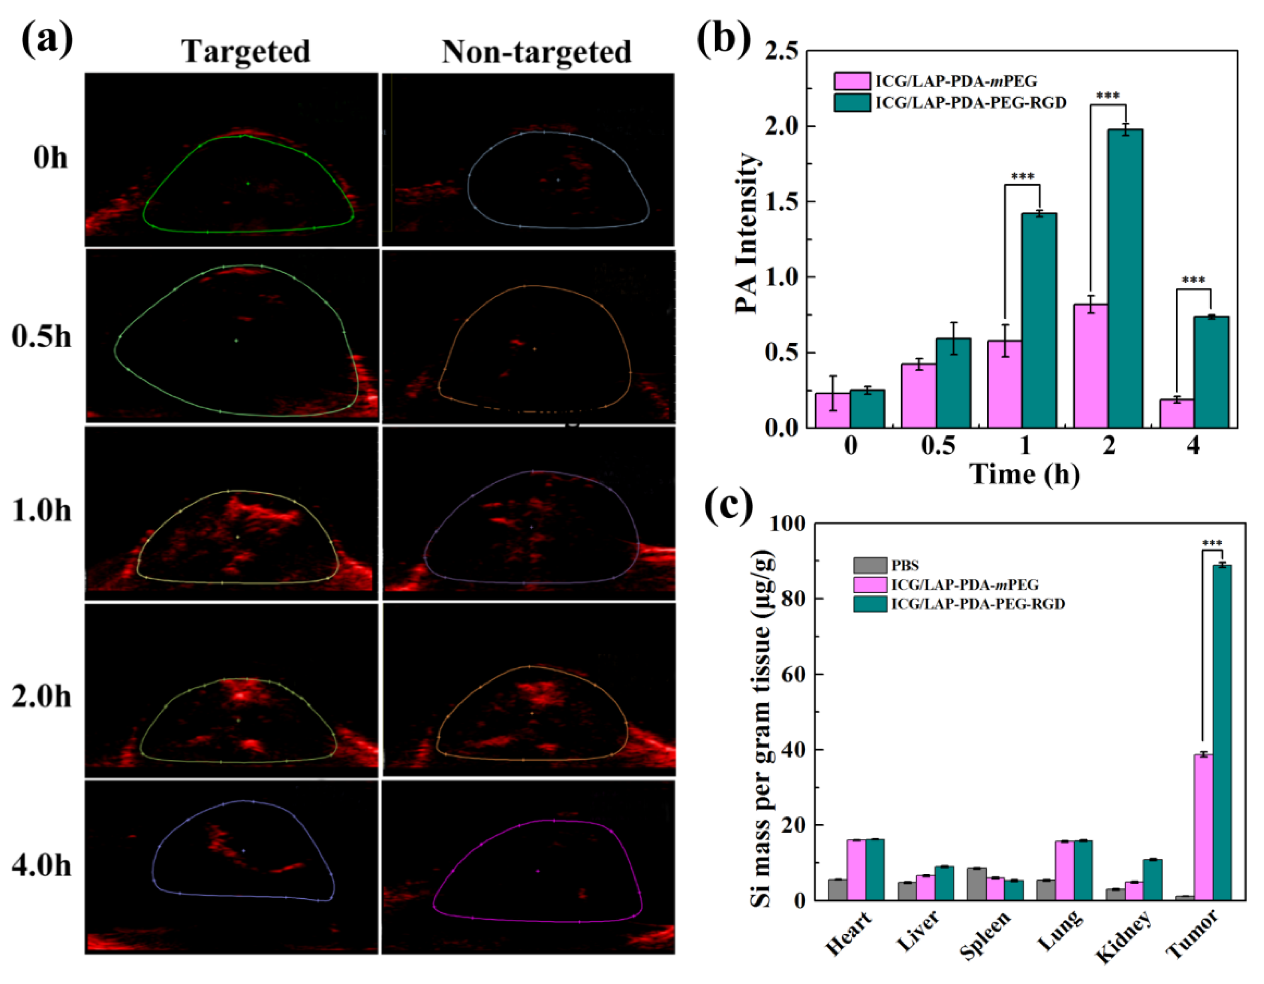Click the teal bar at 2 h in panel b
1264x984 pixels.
[x=1125, y=278]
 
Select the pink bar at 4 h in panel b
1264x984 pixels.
[x=1177, y=413]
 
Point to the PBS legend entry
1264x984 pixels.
[x=905, y=565]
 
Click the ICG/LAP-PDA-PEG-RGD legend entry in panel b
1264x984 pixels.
[x=970, y=103]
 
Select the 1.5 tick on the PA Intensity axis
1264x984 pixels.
[x=789, y=202]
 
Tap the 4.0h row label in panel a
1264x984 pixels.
[x=41, y=867]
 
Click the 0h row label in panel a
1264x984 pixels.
[x=50, y=158]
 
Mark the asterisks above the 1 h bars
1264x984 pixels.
[x=1023, y=176]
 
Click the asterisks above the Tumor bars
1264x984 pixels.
[x=1212, y=543]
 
